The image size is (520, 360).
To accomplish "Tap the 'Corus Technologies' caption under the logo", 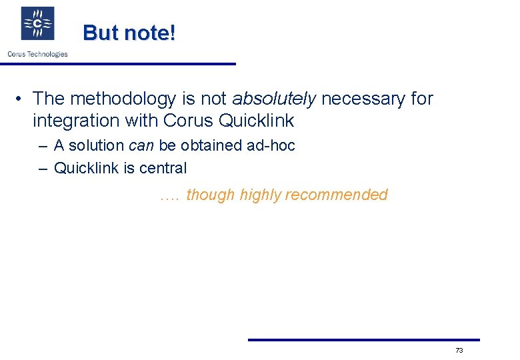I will pyautogui.click(x=37, y=54).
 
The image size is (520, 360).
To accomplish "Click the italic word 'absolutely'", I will pyautogui.click(x=274, y=99).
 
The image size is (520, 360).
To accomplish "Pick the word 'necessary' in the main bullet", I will pyautogui.click(x=363, y=99).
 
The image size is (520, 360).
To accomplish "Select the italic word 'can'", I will pyautogui.click(x=141, y=145).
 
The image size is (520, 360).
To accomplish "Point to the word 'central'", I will pyautogui.click(x=163, y=168).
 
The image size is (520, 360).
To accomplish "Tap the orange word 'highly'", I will pyautogui.click(x=260, y=195).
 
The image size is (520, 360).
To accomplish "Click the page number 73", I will pyautogui.click(x=459, y=351).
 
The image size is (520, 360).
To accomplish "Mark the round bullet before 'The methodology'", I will pyautogui.click(x=21, y=99).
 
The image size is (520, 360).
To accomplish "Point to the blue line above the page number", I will pyautogui.click(x=363, y=340).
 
